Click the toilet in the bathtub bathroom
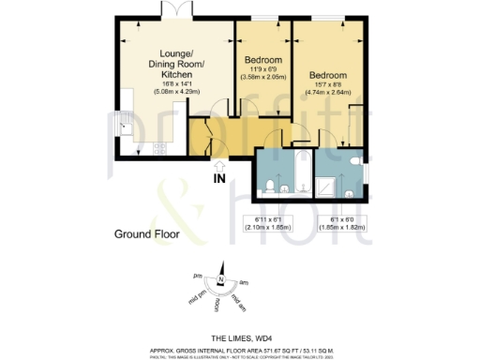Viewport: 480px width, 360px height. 270,186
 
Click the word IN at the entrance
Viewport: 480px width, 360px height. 220,179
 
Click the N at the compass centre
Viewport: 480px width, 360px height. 219,278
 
